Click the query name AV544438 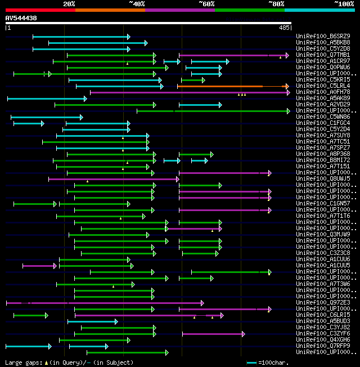tap(21, 18)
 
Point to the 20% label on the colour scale tap(69, 4)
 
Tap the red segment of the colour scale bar tap(40, 10)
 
